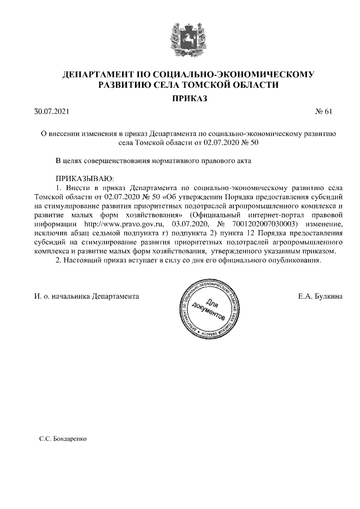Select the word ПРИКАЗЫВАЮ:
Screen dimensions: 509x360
pyautogui.click(x=84, y=178)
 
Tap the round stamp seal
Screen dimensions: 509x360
pyautogui.click(x=210, y=309)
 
